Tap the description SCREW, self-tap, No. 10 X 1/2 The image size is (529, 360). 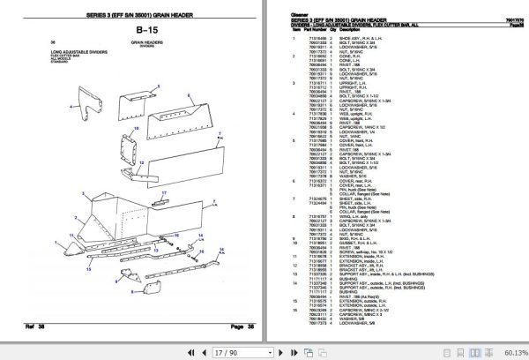(394, 248)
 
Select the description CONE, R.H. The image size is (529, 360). (374, 55)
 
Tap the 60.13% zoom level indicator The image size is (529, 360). (505, 351)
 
